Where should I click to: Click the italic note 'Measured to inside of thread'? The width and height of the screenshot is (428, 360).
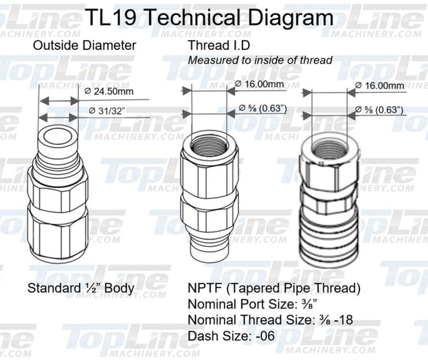(x=260, y=61)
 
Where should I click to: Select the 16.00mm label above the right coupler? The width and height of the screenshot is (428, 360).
(x=381, y=86)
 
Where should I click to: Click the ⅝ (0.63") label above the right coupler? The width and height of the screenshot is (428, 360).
(x=380, y=110)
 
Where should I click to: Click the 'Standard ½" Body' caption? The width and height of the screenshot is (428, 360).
(x=81, y=289)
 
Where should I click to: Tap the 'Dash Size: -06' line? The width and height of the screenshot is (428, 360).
(x=231, y=335)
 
